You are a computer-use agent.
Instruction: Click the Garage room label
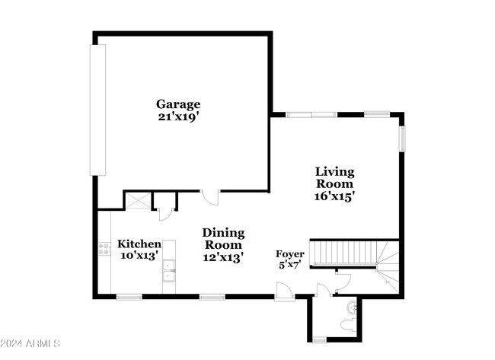(x=178, y=104)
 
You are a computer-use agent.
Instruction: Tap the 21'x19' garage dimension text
(x=178, y=116)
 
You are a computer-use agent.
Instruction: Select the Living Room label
(x=334, y=177)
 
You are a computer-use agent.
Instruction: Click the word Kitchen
(x=139, y=244)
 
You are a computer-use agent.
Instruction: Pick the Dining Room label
(x=223, y=239)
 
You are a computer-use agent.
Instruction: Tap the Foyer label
(x=290, y=254)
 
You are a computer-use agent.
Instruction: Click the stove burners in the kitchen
(x=104, y=249)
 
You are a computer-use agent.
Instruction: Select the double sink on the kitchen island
(x=169, y=271)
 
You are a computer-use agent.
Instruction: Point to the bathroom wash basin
(x=352, y=307)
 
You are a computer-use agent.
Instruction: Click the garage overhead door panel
(x=97, y=110)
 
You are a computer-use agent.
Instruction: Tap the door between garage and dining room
(x=210, y=197)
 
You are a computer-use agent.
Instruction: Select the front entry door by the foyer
(x=285, y=292)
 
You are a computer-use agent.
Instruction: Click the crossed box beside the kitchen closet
(x=139, y=201)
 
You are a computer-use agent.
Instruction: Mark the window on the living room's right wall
(x=403, y=139)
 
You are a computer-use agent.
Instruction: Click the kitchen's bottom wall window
(x=129, y=297)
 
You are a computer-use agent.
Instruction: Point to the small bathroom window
(x=320, y=340)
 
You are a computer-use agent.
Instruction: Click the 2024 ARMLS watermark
(x=30, y=343)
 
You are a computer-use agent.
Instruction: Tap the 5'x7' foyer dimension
(x=289, y=264)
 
